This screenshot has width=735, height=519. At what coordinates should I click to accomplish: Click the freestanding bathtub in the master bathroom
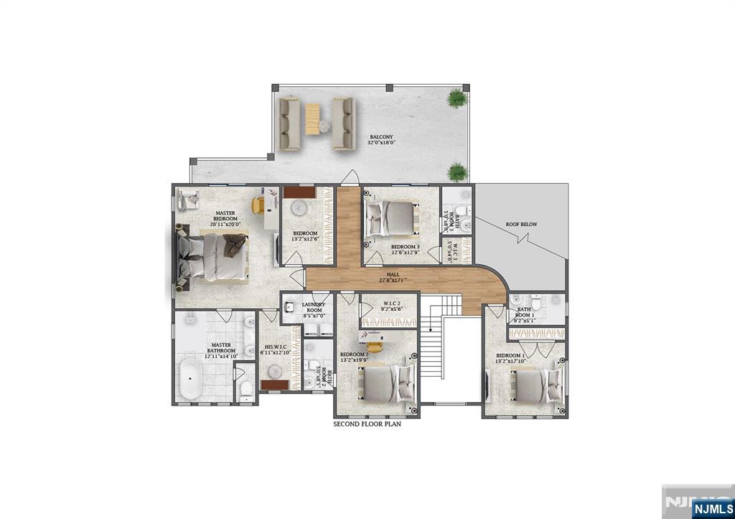[x=190, y=378]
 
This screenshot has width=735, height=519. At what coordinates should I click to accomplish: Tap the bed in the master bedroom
[x=213, y=256]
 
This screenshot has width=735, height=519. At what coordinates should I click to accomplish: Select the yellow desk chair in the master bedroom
[x=258, y=205]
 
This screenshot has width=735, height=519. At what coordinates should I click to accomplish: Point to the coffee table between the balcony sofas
[x=313, y=118]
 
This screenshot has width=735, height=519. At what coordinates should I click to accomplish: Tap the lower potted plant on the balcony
[x=456, y=171]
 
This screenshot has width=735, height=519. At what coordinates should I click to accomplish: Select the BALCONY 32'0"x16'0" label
[x=381, y=140]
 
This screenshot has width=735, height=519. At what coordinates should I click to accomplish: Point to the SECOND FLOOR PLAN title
[x=367, y=424]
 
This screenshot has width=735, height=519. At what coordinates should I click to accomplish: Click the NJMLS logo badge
[x=712, y=509]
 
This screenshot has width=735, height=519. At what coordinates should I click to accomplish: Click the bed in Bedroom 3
[x=391, y=218]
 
